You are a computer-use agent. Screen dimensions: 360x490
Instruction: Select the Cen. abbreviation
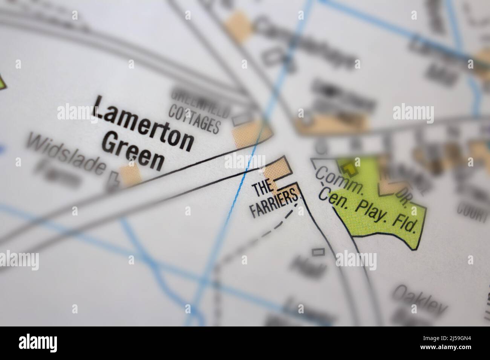[x=333, y=197]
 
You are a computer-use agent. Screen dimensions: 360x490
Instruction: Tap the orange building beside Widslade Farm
[x=130, y=175]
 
